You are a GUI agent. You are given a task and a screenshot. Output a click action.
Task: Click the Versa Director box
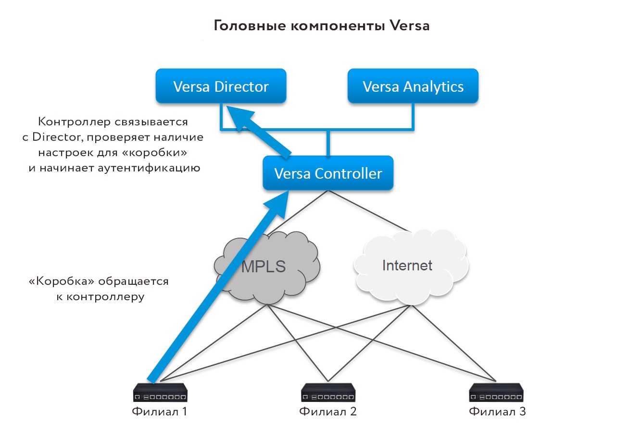pos(221,86)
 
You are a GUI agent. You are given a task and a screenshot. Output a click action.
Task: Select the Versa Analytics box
pos(413,86)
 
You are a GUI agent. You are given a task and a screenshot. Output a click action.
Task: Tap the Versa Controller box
pos(328,173)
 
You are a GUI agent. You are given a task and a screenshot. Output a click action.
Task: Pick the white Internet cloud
pos(411,267)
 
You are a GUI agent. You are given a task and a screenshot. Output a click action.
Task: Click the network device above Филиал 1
pos(160,392)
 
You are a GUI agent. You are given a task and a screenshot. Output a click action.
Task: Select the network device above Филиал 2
pos(328,392)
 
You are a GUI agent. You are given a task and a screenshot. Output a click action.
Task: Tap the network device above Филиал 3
pos(496,392)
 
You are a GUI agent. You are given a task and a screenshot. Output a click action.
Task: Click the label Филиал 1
pos(160,412)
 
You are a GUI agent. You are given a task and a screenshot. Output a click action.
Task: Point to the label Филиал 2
pos(327,412)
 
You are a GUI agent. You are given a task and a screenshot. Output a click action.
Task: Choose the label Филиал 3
pos(497,412)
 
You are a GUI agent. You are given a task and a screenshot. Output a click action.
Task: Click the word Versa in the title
pos(409,26)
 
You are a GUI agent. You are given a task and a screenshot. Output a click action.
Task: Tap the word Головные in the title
pos(250,26)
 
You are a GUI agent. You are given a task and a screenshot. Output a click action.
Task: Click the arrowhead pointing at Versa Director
pos(238,118)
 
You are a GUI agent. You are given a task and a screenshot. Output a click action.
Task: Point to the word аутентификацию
pos(149,168)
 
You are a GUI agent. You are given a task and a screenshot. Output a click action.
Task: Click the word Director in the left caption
pos(58,137)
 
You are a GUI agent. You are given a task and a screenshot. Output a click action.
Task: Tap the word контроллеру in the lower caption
pos(105,297)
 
